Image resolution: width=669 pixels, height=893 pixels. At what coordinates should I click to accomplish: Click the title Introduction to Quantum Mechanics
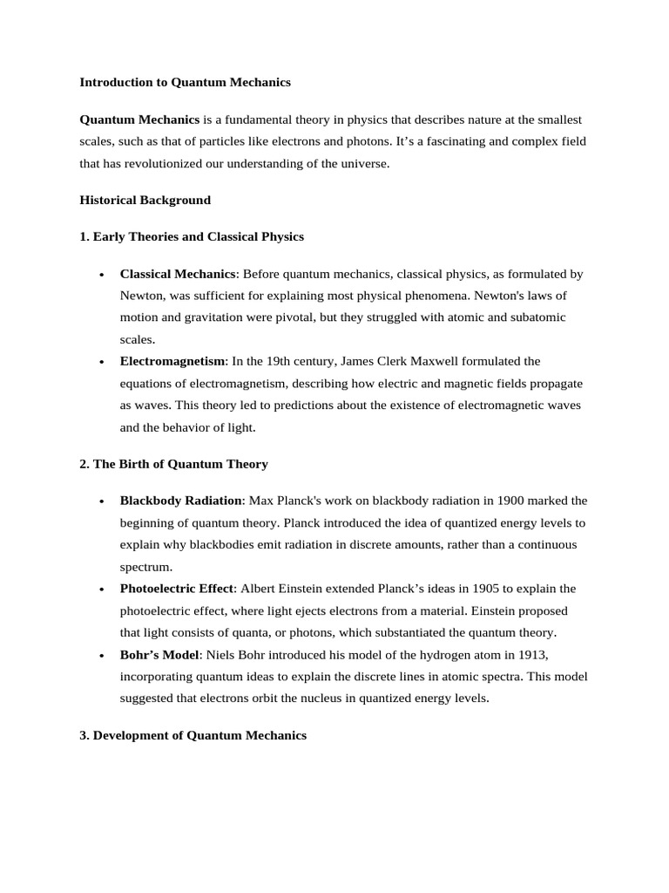tap(185, 82)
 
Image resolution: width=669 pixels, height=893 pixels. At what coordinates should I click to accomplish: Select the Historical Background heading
tap(145, 200)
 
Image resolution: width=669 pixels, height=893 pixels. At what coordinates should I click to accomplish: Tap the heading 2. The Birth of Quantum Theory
tap(173, 464)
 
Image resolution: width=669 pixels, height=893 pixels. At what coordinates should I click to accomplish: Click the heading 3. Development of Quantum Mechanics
tap(193, 735)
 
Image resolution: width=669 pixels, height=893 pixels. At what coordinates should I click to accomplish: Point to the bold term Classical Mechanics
tap(178, 274)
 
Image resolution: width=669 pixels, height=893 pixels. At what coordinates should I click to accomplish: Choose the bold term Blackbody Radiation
tap(181, 501)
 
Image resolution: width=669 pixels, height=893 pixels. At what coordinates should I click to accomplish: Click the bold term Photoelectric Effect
tap(178, 589)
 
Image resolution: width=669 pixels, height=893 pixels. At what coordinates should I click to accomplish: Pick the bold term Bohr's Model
tap(159, 655)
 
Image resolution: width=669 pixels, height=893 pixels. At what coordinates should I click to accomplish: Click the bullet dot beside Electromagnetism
tap(102, 362)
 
